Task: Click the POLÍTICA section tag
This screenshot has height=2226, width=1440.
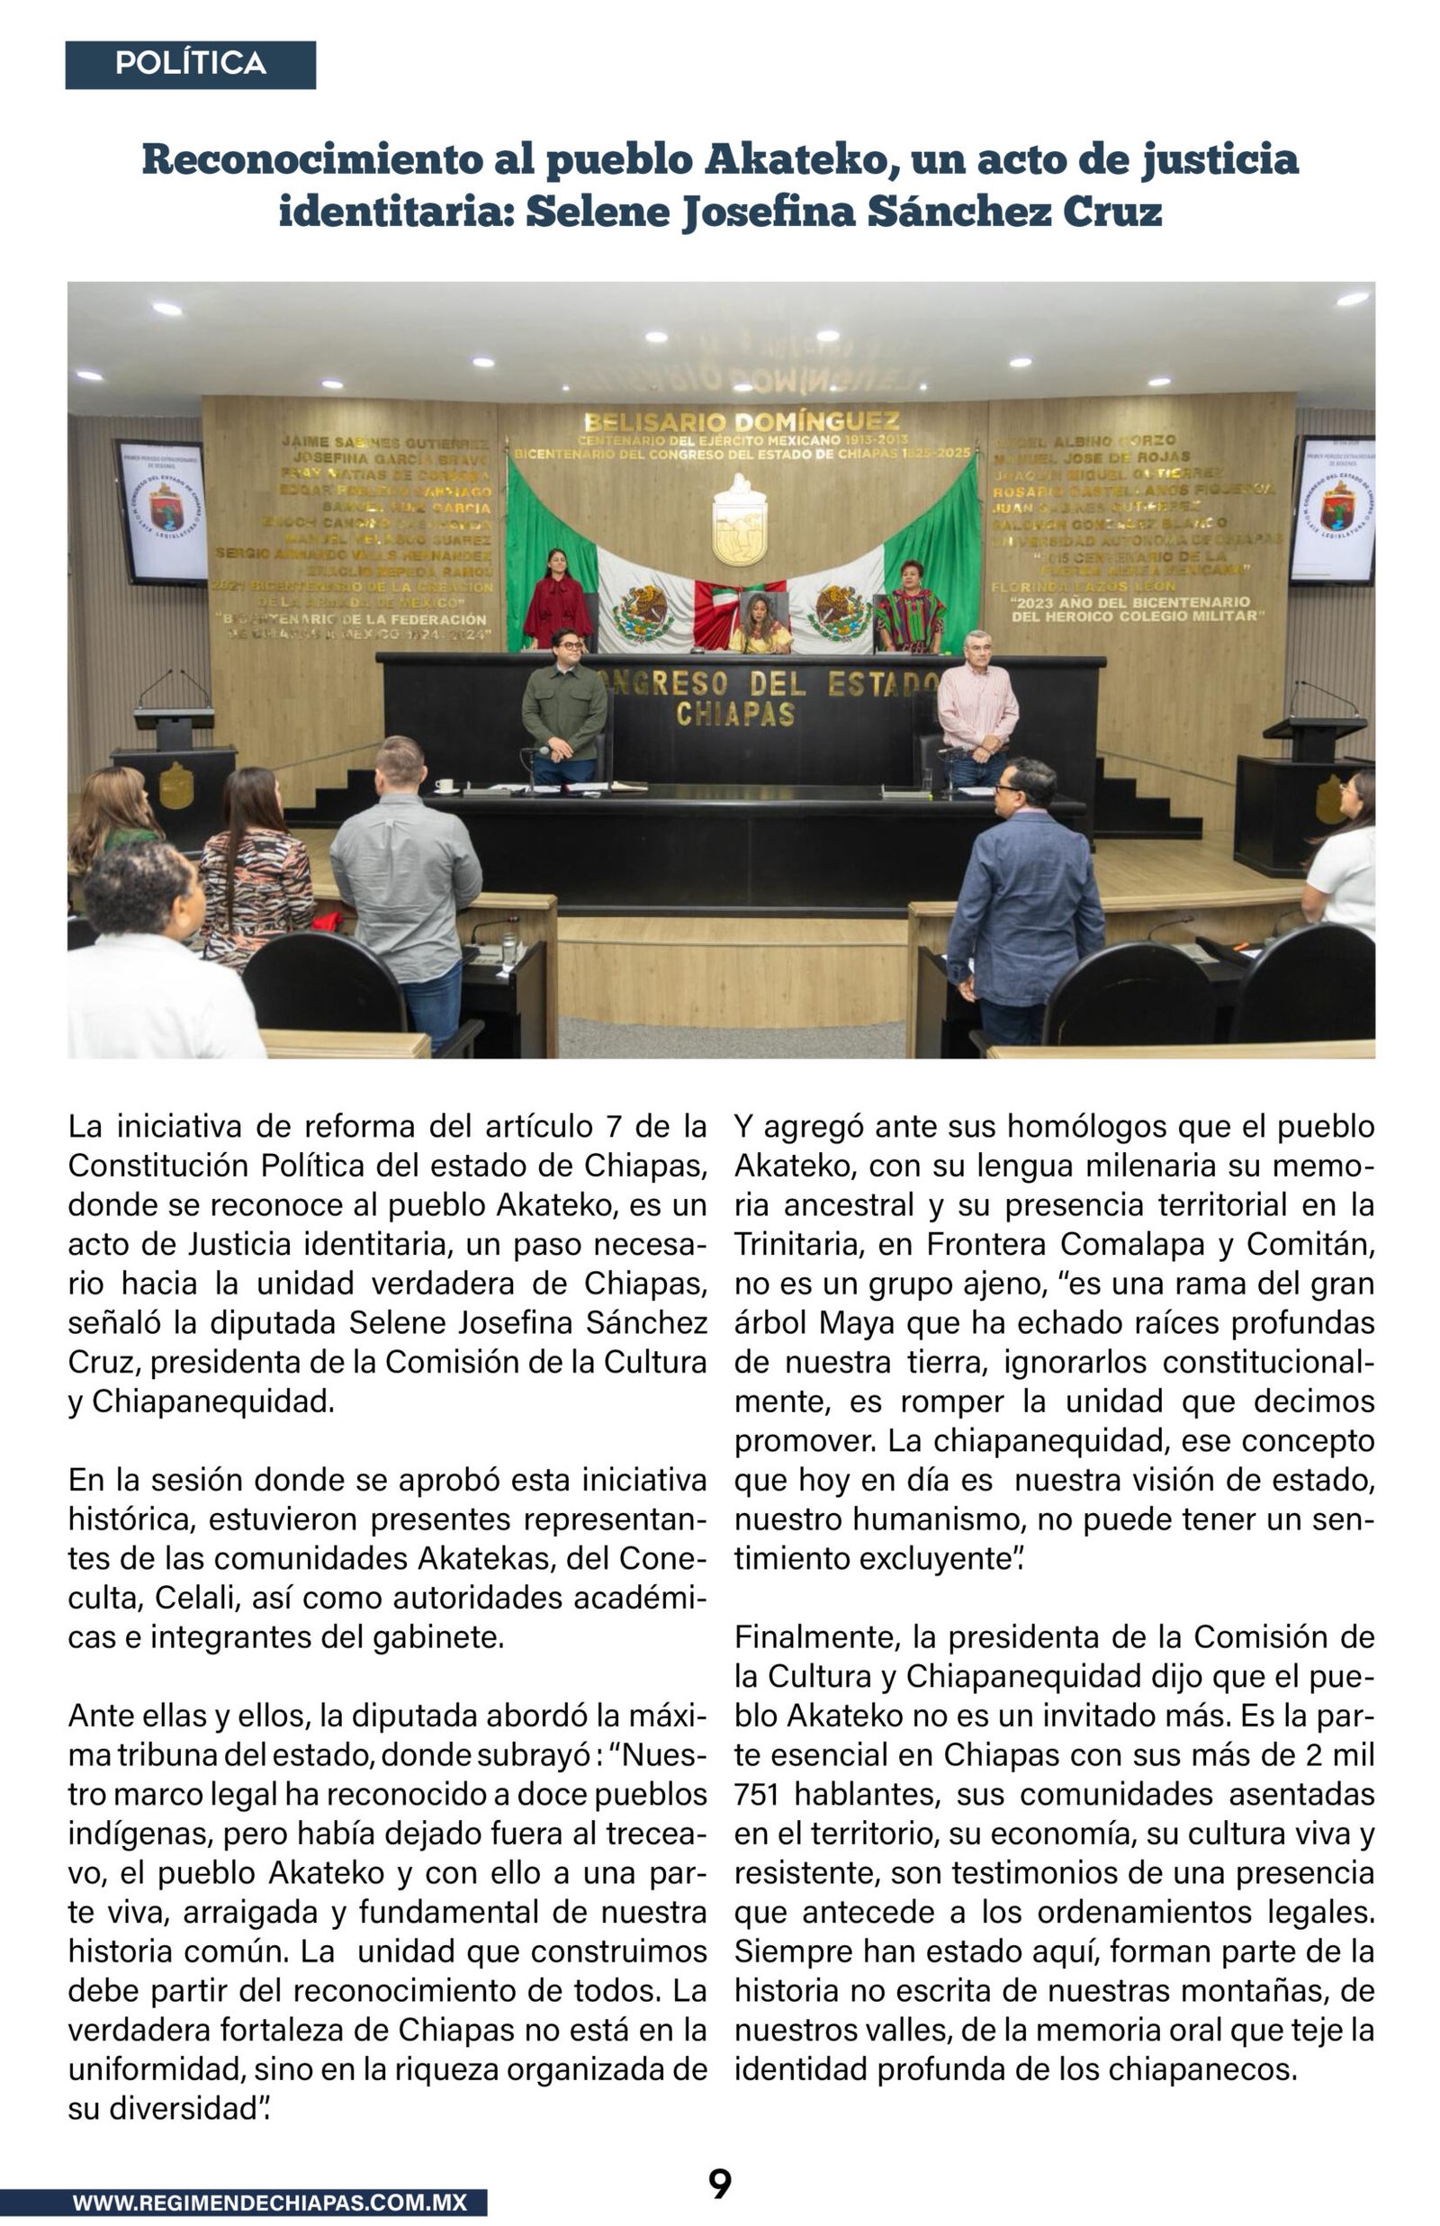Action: point(190,65)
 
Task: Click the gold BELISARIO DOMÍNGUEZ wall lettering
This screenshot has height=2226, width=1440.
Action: point(742,421)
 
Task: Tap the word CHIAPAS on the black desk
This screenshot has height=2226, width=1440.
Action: point(735,715)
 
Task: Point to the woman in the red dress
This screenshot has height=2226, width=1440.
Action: point(557,602)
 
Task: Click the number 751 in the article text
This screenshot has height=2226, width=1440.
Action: point(750,1794)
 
